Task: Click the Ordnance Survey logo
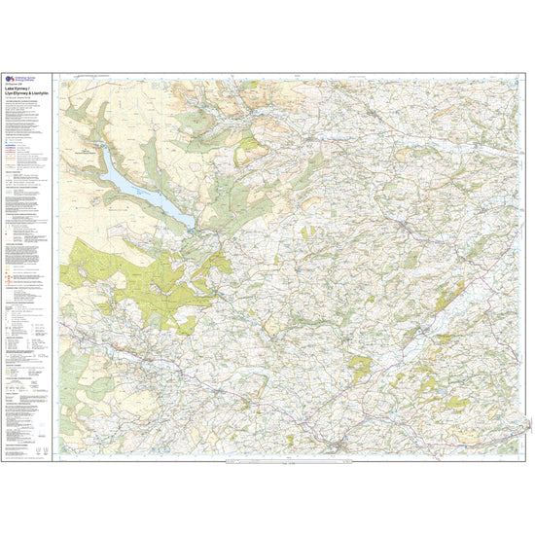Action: pos(13,81)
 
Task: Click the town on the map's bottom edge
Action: pos(336,446)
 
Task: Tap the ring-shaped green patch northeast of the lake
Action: pos(251,148)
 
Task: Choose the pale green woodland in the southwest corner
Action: pos(97,389)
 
